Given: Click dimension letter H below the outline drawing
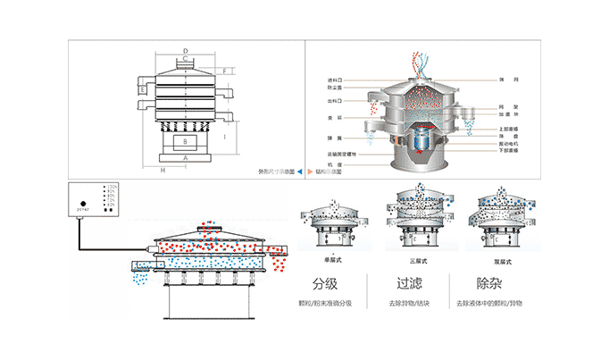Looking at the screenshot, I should [x=163, y=168].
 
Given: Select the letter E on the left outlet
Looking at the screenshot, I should [x=141, y=89].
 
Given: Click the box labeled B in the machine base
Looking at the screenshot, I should [x=185, y=141].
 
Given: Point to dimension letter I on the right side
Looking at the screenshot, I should [x=224, y=138].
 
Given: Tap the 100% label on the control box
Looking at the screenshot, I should [x=111, y=187].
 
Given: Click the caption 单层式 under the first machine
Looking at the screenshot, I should [x=333, y=259].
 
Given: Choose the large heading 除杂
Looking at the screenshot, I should [x=489, y=285].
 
